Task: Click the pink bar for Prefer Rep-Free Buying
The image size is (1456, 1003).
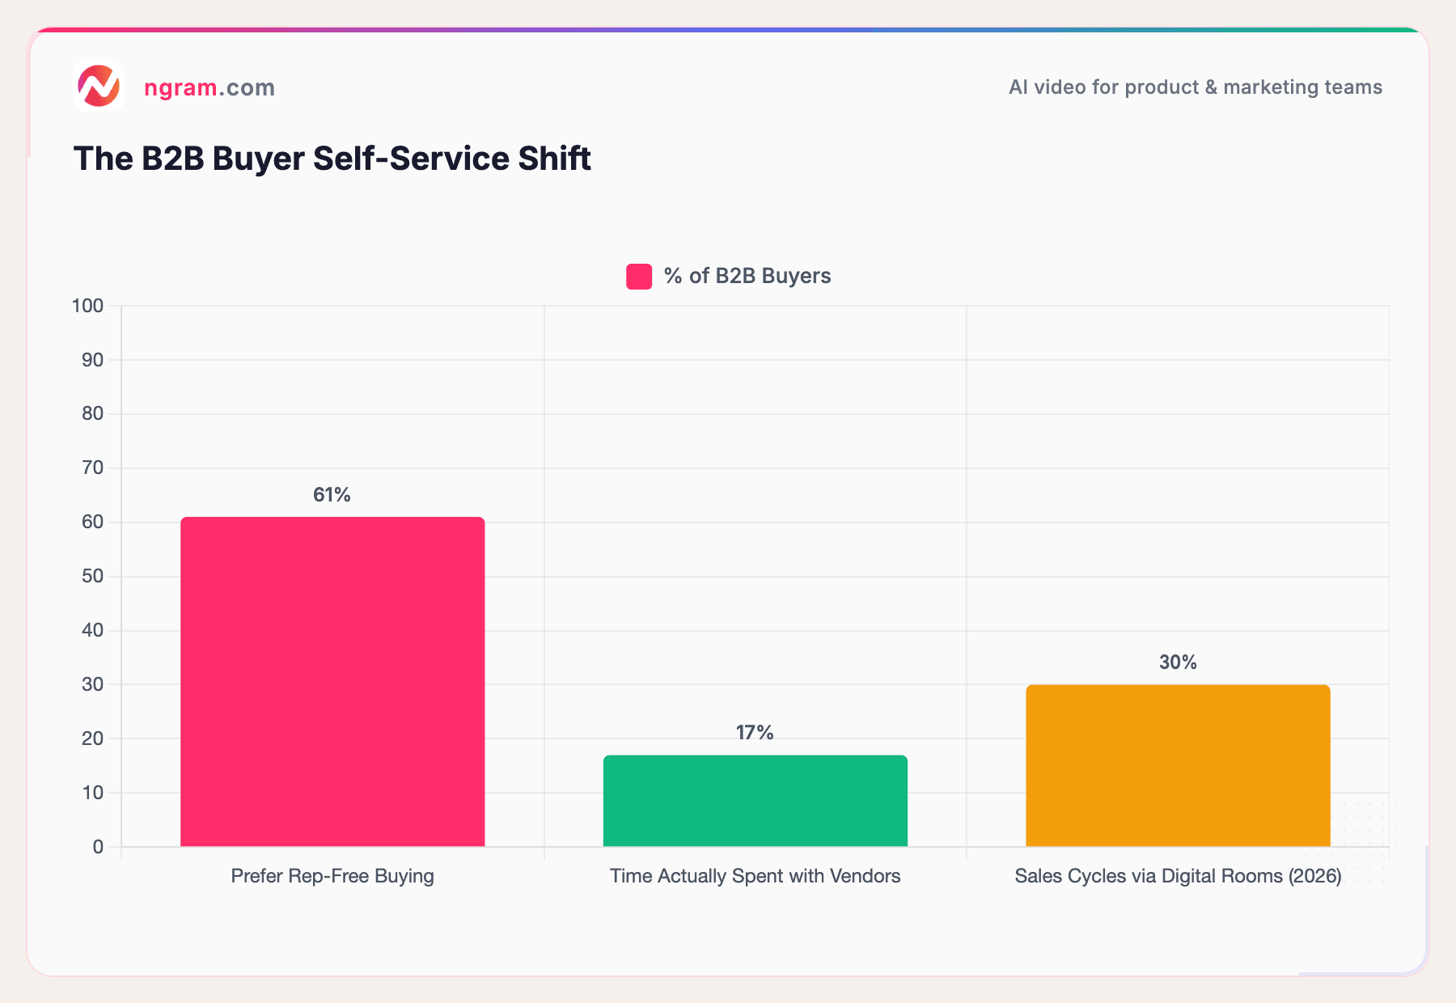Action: tap(332, 682)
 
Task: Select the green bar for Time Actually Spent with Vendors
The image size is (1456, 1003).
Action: tap(755, 801)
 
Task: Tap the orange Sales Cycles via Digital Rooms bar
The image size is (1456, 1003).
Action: tap(1178, 765)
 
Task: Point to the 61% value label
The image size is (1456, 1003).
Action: tap(332, 495)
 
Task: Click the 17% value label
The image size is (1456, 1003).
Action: tap(755, 733)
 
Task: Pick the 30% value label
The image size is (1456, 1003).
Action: tap(1178, 662)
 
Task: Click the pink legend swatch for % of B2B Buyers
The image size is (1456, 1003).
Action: tap(639, 277)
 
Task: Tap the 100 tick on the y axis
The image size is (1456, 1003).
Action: tap(87, 306)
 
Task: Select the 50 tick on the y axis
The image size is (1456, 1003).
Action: tap(92, 577)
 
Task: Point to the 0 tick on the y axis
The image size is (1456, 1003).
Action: tap(98, 847)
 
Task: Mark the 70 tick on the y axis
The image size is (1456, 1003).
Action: tap(92, 468)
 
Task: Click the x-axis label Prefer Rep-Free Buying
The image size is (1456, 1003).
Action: tap(332, 876)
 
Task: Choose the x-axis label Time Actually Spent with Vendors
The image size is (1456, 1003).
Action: tap(755, 876)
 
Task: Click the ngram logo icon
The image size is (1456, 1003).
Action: tap(98, 86)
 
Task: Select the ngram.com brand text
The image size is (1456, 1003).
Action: tap(210, 87)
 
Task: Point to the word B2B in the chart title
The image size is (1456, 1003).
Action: tap(172, 159)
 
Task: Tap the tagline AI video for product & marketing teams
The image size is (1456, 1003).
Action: tap(1195, 87)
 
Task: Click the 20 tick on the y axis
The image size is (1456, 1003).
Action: tap(92, 738)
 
